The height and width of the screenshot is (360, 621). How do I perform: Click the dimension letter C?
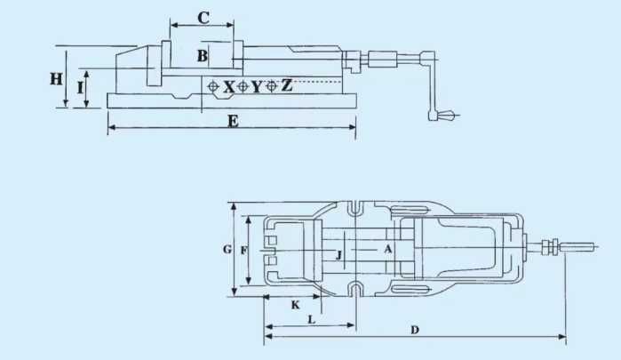click(x=203, y=17)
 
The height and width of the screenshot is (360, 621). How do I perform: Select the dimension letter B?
click(x=203, y=56)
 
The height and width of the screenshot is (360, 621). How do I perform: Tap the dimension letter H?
click(x=56, y=78)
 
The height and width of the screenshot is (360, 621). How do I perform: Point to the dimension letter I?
click(x=80, y=87)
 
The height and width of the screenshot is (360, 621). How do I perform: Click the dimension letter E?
click(x=233, y=121)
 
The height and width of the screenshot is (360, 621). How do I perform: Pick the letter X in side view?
click(x=229, y=87)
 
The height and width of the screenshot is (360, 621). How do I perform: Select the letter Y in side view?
click(x=257, y=87)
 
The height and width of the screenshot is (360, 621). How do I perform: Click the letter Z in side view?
click(x=286, y=86)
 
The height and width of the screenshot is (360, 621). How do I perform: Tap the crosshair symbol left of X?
click(x=213, y=87)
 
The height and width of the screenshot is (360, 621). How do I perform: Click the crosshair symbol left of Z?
click(x=272, y=87)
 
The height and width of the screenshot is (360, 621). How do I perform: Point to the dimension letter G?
click(x=227, y=251)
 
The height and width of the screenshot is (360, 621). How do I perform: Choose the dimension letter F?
click(x=243, y=251)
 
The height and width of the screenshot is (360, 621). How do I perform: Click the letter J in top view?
click(x=338, y=256)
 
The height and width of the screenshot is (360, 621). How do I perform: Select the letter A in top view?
click(x=387, y=250)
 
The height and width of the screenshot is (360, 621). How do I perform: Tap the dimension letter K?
click(x=295, y=304)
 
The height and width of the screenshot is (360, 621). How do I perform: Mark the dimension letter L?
click(x=310, y=318)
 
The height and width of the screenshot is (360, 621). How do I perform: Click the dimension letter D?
click(x=415, y=330)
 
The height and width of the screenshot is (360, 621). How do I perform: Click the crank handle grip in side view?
click(x=442, y=116)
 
